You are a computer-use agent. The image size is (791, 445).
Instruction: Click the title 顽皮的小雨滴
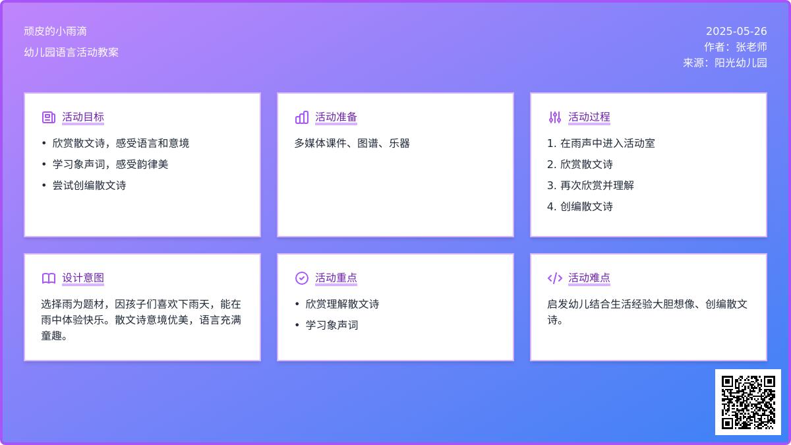(x=55, y=32)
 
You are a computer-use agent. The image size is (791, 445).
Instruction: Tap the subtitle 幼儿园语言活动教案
(x=71, y=52)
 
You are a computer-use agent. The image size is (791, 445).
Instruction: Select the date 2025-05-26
(x=736, y=32)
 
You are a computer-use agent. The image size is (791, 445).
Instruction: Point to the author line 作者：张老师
(x=735, y=47)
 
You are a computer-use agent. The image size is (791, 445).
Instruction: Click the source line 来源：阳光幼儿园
(x=724, y=63)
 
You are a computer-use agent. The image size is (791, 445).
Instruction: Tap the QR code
(x=748, y=402)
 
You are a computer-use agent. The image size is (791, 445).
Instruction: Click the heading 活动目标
(x=83, y=117)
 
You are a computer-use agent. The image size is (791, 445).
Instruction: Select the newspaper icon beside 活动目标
(x=49, y=117)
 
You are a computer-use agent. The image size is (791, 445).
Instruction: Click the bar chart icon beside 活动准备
(x=302, y=117)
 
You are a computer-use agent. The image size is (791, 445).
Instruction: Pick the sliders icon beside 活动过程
(x=555, y=117)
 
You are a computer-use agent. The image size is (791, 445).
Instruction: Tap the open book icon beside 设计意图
(x=49, y=278)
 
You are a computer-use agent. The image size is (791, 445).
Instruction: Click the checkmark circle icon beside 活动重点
(x=302, y=278)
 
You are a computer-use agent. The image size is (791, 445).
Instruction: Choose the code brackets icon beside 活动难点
(x=555, y=278)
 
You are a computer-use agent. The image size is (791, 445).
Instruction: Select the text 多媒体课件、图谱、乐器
(x=352, y=143)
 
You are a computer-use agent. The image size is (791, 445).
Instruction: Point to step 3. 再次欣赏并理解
(x=591, y=185)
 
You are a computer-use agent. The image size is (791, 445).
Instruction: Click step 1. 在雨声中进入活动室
(x=601, y=143)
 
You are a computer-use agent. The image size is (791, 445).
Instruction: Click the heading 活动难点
(x=589, y=278)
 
